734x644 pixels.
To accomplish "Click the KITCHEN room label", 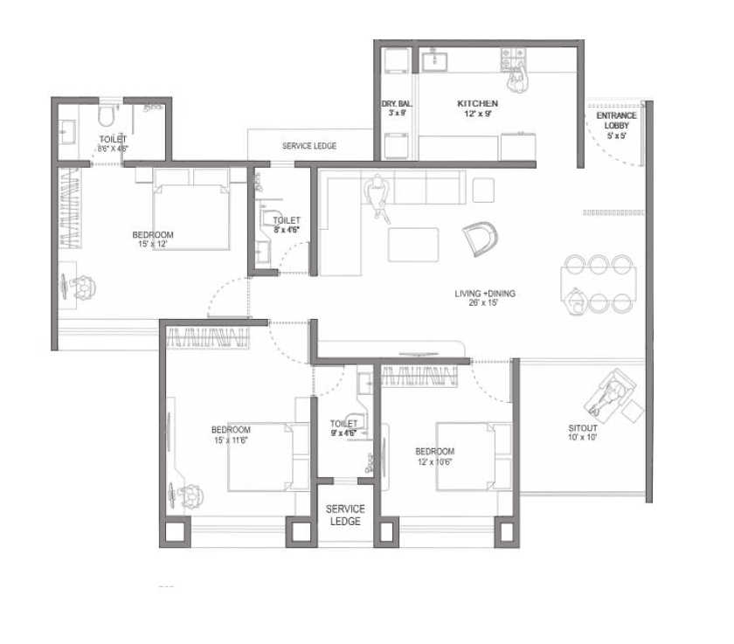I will (478, 104).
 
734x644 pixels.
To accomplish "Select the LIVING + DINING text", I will (485, 294).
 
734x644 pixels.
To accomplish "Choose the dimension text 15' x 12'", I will (152, 245).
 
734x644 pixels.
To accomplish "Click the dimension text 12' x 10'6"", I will (434, 461).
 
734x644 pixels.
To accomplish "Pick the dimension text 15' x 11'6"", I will (231, 440).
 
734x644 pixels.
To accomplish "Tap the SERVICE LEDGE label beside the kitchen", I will (308, 146).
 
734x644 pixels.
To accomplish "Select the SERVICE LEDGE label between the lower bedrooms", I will (345, 515).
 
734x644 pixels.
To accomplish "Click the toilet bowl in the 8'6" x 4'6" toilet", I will (106, 114).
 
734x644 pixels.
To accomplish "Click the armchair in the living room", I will (479, 236).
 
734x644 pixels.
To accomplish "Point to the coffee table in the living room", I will (413, 244).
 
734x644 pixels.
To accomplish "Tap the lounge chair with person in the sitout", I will (615, 394).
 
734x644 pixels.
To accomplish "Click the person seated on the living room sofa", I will (378, 196).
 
